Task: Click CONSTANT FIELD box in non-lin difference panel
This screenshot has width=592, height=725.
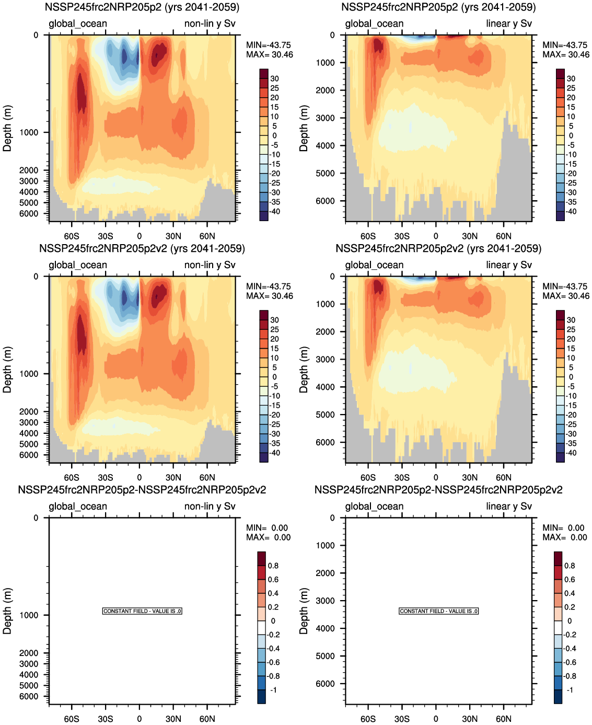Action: (x=142, y=611)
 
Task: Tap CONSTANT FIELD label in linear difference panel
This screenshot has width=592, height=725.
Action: (x=438, y=611)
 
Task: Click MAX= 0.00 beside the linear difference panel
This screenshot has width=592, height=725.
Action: (x=565, y=537)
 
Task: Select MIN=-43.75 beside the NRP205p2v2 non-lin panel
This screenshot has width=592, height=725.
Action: (x=269, y=286)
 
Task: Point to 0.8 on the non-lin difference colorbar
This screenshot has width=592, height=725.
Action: (x=273, y=566)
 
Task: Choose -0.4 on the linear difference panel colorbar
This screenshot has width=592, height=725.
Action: (x=570, y=649)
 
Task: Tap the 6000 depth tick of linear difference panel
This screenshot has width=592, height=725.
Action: (x=325, y=684)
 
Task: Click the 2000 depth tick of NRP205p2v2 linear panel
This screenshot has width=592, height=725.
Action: (x=325, y=331)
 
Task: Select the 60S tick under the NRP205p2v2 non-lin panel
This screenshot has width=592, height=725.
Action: (x=72, y=477)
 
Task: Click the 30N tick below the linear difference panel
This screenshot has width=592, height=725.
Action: (x=470, y=719)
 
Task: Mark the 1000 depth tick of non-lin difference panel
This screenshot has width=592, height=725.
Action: (x=29, y=615)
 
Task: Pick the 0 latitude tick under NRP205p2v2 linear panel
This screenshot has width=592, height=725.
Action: (x=436, y=477)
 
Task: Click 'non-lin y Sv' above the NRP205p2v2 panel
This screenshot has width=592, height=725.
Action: (x=210, y=265)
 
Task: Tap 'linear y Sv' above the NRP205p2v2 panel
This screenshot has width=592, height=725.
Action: (x=508, y=265)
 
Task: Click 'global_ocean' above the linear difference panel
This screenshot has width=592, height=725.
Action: (x=374, y=507)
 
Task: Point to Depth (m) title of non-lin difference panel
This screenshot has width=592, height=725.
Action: (x=7, y=611)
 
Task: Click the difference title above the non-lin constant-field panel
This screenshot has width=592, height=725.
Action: (x=142, y=490)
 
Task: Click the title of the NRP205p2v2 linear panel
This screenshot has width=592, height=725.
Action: (x=438, y=248)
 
